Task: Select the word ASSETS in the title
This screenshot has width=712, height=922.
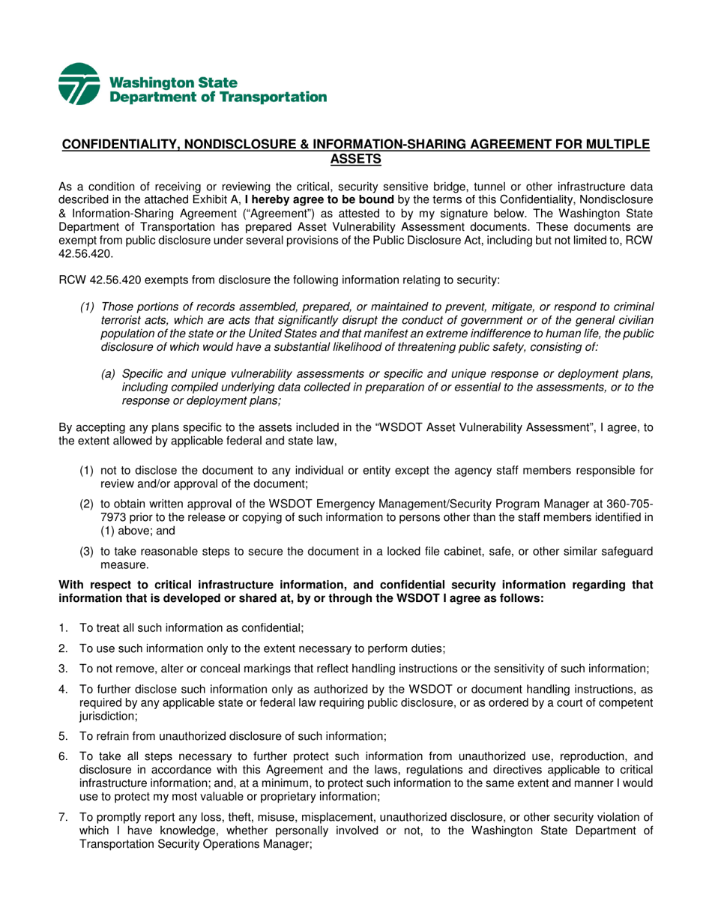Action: coord(356,158)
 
